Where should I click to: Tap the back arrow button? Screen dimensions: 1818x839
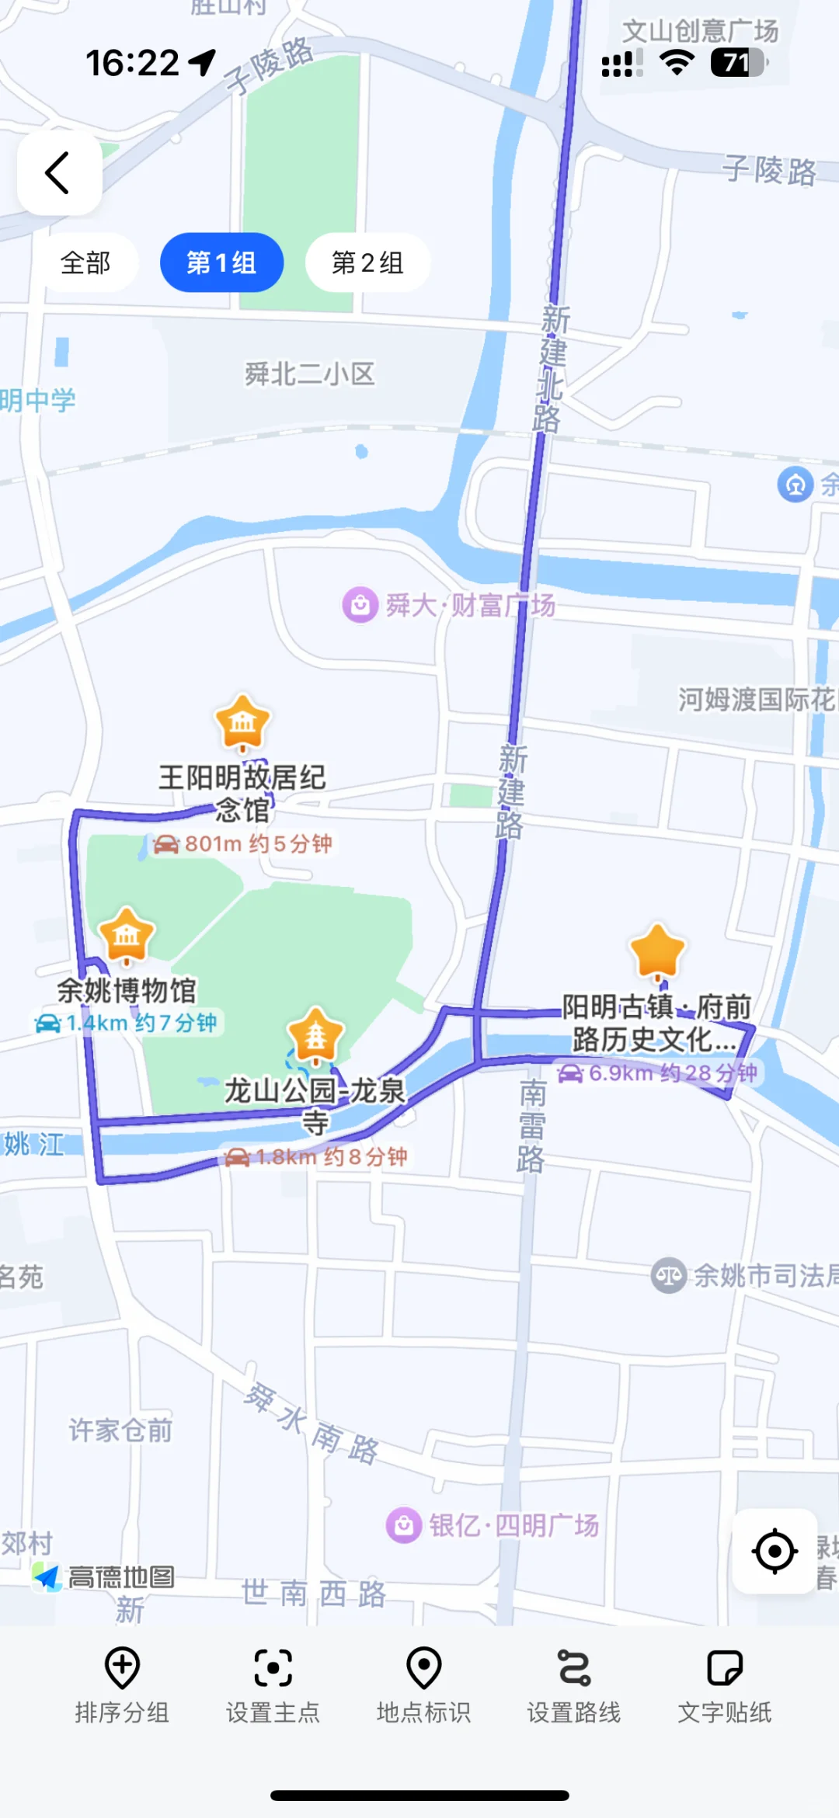click(59, 172)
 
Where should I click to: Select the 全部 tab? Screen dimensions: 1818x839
click(85, 262)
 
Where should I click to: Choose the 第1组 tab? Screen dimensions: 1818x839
click(221, 262)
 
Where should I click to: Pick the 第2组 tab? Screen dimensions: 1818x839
click(367, 262)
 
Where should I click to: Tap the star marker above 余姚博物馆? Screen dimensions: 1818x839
click(127, 934)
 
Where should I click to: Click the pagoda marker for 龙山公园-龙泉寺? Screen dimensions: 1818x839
click(315, 1034)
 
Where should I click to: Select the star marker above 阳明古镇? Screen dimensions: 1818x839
click(658, 951)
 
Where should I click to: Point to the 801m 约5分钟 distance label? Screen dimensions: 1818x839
click(244, 843)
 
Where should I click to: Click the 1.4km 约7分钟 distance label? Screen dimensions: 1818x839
click(127, 1023)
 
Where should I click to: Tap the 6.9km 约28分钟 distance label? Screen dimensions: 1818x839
click(658, 1073)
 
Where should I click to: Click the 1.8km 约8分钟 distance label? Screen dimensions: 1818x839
click(316, 1157)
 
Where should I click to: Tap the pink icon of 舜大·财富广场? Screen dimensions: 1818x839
click(360, 604)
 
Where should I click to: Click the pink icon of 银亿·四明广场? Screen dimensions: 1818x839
click(404, 1525)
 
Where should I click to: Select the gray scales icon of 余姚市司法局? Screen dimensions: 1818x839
click(668, 1275)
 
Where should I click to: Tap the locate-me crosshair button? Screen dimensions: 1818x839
click(775, 1552)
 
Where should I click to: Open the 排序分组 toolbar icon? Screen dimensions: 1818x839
click(122, 1667)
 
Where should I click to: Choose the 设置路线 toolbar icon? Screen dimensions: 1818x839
click(574, 1667)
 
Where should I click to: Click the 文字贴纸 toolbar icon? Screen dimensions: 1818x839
click(725, 1667)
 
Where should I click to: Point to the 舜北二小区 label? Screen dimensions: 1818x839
click(310, 374)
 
